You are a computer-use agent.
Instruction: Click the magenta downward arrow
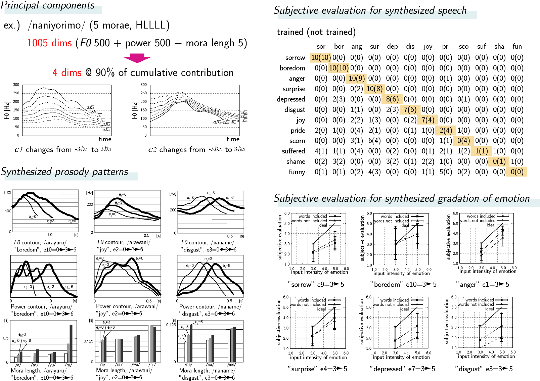click(137, 58)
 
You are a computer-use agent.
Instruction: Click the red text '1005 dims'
click(49, 43)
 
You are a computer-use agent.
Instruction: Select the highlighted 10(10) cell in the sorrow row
click(321, 57)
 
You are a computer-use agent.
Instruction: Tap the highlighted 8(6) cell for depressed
click(392, 99)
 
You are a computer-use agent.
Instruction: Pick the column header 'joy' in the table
click(428, 47)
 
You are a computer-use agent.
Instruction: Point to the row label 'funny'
click(297, 172)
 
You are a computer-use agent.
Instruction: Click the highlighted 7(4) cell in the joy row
click(428, 120)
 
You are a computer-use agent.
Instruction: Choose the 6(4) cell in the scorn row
click(374, 141)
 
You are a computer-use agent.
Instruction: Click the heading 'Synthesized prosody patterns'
click(64, 172)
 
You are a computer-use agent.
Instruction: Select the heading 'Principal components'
click(48, 6)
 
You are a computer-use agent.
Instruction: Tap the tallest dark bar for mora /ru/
click(71, 343)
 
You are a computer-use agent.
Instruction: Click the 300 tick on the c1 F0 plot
click(16, 85)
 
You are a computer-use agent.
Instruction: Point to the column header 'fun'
click(517, 47)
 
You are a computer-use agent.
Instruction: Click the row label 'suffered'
click(294, 151)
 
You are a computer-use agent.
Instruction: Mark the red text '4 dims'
click(67, 73)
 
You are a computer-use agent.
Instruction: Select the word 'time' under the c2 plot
click(233, 139)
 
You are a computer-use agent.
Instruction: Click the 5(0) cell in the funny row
click(446, 172)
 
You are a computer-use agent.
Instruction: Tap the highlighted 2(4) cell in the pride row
click(446, 130)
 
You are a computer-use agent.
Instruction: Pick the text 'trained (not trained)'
click(316, 32)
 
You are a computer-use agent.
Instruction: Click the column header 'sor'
click(321, 47)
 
